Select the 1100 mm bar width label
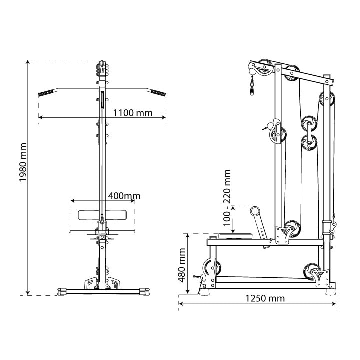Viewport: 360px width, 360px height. [x=132, y=112]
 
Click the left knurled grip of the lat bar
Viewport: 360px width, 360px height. [x=49, y=93]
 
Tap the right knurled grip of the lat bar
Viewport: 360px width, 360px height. [x=157, y=93]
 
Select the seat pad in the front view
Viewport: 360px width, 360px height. [x=102, y=215]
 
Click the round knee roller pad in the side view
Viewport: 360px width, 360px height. [x=256, y=211]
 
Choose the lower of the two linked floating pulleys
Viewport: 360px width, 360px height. [x=308, y=142]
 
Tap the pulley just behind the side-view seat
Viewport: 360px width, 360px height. [x=292, y=229]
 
